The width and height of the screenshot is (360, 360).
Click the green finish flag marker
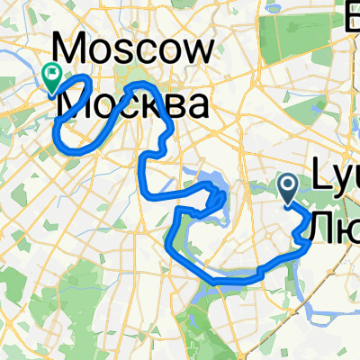51,79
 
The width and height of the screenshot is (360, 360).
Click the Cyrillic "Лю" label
334,225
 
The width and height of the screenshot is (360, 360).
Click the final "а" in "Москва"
197,106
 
